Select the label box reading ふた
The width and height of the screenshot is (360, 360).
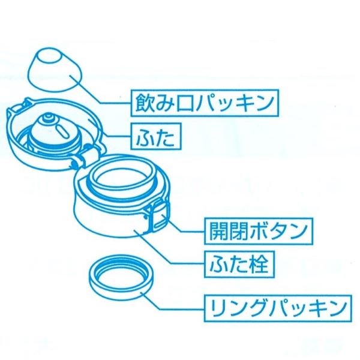pyautogui.click(x=154, y=139)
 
